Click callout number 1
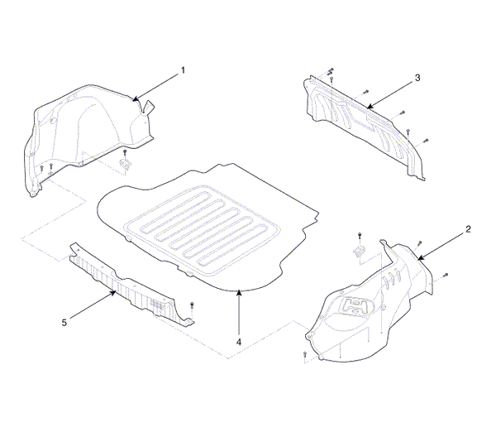pyautogui.click(x=183, y=70)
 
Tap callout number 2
pyautogui.click(x=468, y=229)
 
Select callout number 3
pyautogui.click(x=417, y=78)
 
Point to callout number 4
pyautogui.click(x=239, y=342)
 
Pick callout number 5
pyautogui.click(x=64, y=323)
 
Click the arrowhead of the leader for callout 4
pyautogui.click(x=239, y=292)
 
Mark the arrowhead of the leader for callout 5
pyautogui.click(x=112, y=293)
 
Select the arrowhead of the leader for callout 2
pyautogui.click(x=421, y=257)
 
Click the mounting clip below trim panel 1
pyautogui.click(x=125, y=163)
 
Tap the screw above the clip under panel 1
pyautogui.click(x=125, y=153)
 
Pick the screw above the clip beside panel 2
pyautogui.click(x=360, y=236)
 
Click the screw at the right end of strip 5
pyautogui.click(x=192, y=305)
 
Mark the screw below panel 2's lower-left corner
pyautogui.click(x=304, y=354)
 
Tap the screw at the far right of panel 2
pyautogui.click(x=446, y=275)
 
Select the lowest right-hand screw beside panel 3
pyautogui.click(x=426, y=141)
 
